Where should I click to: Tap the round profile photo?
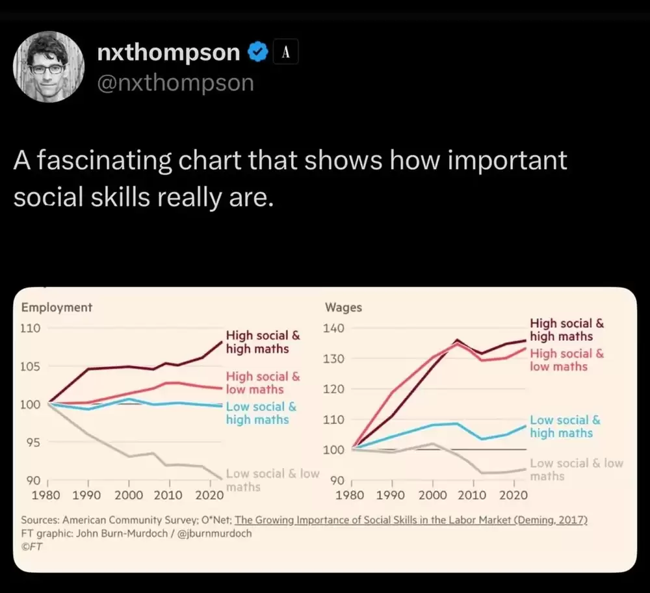click(x=49, y=67)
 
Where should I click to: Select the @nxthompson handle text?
click(x=175, y=83)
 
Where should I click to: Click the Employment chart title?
click(x=57, y=308)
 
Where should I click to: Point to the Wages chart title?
click(x=343, y=308)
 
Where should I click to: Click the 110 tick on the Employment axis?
click(x=31, y=328)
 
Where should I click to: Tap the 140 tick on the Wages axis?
click(x=334, y=328)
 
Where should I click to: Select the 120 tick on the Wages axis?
click(x=334, y=389)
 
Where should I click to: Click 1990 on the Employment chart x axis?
click(x=88, y=495)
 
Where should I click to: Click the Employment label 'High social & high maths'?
click(x=263, y=342)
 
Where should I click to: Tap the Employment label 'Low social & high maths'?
click(x=261, y=413)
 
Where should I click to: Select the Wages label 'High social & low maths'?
click(x=567, y=360)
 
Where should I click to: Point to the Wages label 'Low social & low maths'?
click(x=576, y=469)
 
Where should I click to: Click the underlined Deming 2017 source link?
click(x=411, y=520)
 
